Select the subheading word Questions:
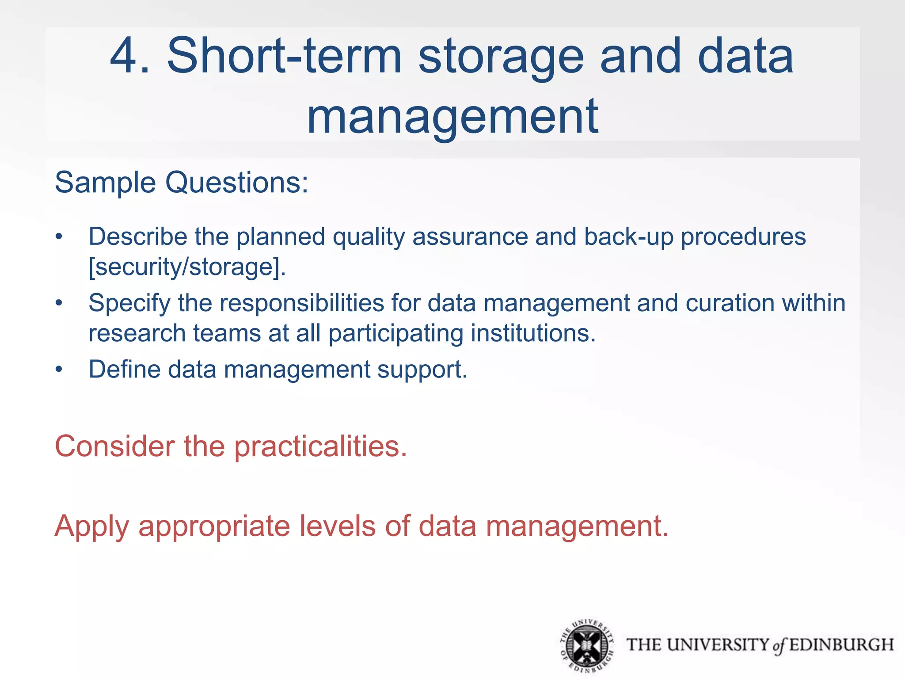pos(236,183)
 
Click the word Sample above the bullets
pos(105,183)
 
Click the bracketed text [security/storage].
pos(187,267)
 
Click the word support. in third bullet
pos(422,370)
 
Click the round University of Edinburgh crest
pos(586,646)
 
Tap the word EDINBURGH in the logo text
pos(841,645)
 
